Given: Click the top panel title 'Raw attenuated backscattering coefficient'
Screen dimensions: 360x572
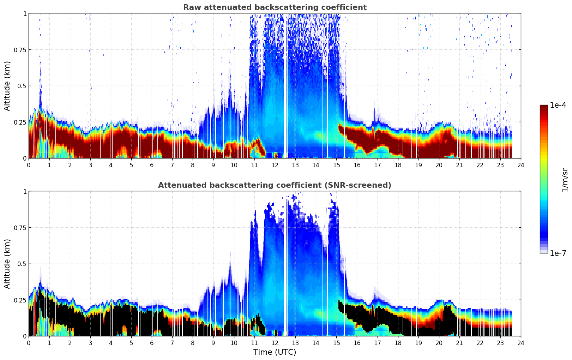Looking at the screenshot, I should tap(275, 7).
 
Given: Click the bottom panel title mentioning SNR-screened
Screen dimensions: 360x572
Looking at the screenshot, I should tap(275, 185).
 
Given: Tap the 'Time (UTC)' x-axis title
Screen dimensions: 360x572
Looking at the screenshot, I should tap(275, 352).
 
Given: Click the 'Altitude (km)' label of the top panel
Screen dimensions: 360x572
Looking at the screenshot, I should tap(7, 86).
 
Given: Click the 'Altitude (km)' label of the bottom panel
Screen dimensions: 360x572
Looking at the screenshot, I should tap(7, 264).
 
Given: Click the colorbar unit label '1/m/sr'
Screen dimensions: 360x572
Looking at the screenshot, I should tap(565, 180).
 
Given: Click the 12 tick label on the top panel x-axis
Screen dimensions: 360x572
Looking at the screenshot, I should tap(275, 165).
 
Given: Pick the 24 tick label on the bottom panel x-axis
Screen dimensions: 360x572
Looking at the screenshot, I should tap(521, 343).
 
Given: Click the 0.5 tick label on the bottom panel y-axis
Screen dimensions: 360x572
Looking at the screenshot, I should tap(22, 264).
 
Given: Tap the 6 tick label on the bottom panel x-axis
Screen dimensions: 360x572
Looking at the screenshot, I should tap(152, 343).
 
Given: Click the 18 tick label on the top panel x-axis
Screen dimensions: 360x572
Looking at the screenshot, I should tap(398, 165).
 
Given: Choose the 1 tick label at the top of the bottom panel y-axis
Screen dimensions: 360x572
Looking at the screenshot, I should tap(25, 191).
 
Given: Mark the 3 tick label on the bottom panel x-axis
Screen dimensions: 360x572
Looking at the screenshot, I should tap(90, 343).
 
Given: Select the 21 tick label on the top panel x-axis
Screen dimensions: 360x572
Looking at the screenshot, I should tap(459, 165).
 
